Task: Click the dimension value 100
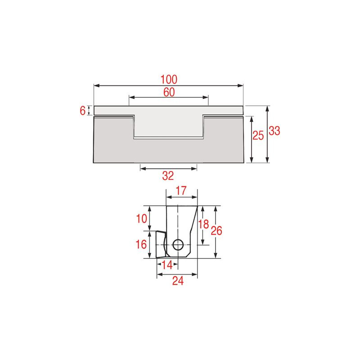pos(169,79)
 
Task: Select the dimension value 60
pos(169,92)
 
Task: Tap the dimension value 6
pos(82,110)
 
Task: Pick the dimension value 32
pos(168,175)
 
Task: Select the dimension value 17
pos(181,191)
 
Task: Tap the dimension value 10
pos(141,219)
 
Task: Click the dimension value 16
pos(141,245)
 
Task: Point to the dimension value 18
pos(203,224)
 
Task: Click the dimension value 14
pos(167,265)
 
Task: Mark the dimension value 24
pos(178,281)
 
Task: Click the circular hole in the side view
pos(178,245)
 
